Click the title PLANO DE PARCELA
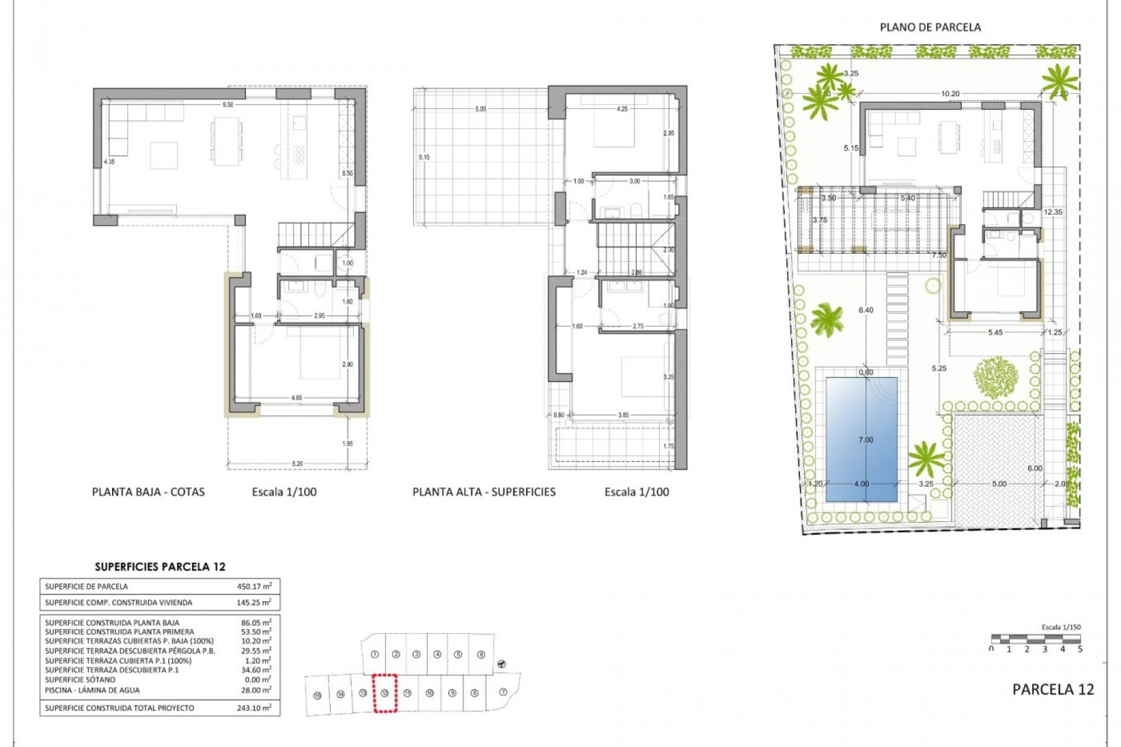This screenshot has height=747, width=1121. point(930,27)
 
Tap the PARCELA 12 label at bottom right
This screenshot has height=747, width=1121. point(1053,689)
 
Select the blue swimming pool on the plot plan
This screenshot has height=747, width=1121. point(861,439)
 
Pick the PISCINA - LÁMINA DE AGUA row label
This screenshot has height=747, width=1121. point(92,690)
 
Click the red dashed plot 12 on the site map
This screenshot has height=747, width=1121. point(385,693)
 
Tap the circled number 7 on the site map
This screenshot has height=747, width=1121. point(503,692)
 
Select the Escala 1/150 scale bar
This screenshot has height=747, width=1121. point(1036,639)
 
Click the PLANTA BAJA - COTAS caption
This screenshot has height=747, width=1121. point(148,492)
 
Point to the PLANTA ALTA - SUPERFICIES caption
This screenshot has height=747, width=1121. point(484,492)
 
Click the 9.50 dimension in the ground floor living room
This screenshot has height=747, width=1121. point(228,105)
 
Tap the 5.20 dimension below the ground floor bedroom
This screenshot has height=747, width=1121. point(297,464)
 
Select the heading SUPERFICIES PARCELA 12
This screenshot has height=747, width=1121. point(160,567)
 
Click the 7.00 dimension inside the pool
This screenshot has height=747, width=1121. point(866,440)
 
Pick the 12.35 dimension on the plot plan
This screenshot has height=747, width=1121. point(1053,212)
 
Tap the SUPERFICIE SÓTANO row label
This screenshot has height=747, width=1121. point(80,680)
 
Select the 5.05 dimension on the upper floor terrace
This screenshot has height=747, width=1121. point(481,109)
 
